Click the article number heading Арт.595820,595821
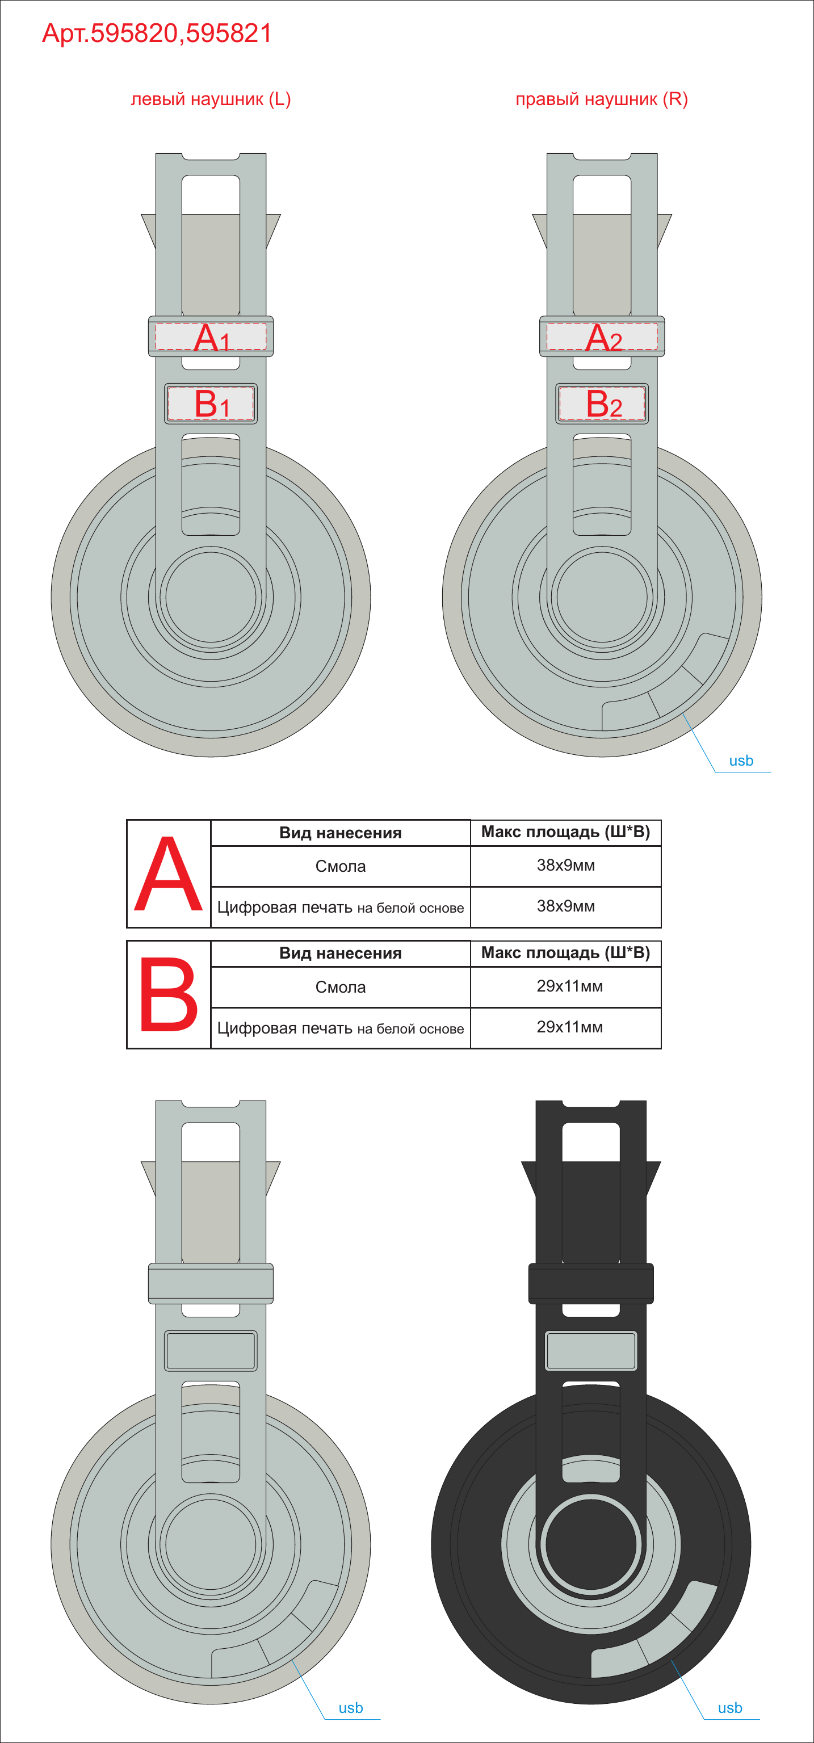(x=157, y=33)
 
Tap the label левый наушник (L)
(x=211, y=99)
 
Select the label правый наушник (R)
(x=602, y=99)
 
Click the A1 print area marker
(x=211, y=337)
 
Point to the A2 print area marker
(x=602, y=337)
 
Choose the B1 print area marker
(x=211, y=404)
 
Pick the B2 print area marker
(x=602, y=404)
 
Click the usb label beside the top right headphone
(x=741, y=761)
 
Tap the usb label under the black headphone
(x=730, y=1708)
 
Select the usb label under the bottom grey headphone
(x=350, y=1708)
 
